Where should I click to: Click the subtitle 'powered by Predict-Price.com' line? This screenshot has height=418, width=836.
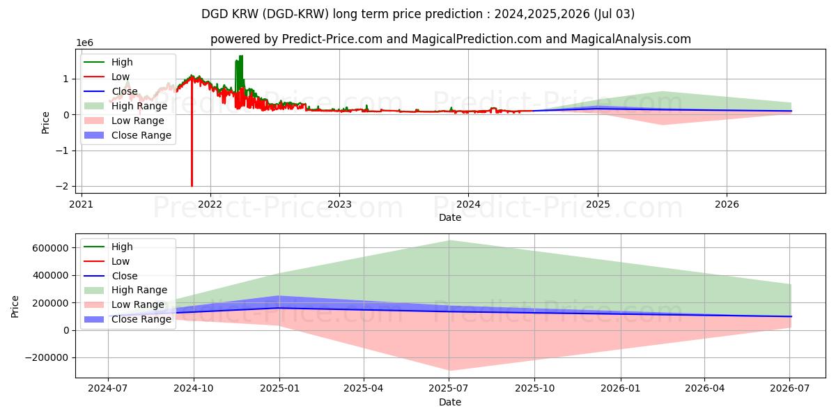click(450, 39)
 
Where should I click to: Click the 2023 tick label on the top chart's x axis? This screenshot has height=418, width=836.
click(339, 204)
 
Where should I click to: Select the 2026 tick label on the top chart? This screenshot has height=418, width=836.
click(727, 204)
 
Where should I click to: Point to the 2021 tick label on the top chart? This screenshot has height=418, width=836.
click(82, 204)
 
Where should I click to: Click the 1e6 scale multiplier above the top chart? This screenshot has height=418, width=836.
click(85, 43)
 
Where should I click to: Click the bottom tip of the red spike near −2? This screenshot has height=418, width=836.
click(192, 186)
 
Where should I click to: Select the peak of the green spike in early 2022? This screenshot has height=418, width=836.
click(241, 56)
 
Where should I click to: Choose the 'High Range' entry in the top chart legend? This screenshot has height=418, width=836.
click(139, 106)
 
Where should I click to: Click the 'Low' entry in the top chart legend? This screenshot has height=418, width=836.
click(121, 77)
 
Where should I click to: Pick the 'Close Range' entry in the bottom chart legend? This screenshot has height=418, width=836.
click(141, 319)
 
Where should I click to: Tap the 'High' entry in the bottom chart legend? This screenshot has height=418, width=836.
click(122, 247)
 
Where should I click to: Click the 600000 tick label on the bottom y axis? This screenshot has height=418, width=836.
click(50, 248)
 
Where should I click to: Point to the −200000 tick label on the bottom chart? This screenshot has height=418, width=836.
click(47, 357)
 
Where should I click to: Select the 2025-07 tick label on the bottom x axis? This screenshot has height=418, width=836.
click(449, 389)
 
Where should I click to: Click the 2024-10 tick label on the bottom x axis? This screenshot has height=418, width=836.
click(193, 389)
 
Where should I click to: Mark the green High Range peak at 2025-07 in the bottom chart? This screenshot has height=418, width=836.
click(449, 241)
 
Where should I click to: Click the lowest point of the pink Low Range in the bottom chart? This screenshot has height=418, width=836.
click(449, 370)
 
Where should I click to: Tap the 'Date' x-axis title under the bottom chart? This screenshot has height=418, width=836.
click(450, 402)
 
